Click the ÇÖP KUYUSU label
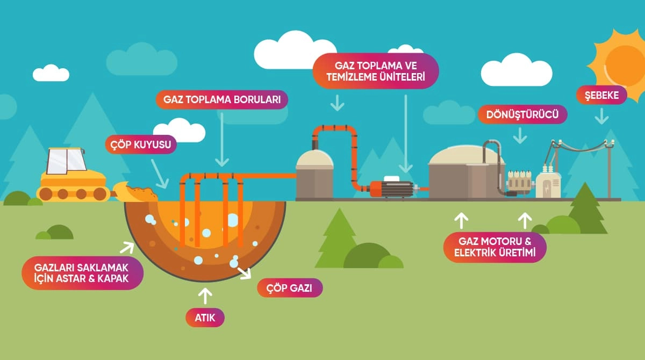[x=141, y=144]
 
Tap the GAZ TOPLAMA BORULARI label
[x=222, y=99]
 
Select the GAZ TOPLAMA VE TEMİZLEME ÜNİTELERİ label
[x=376, y=71]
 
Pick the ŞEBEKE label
[x=601, y=95]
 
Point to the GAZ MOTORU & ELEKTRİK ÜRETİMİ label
[x=495, y=247]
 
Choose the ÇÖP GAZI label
[x=290, y=288]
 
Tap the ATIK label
[x=205, y=318]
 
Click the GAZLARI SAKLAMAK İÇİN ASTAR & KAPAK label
[x=82, y=272]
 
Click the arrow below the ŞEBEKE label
[x=602, y=116]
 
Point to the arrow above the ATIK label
[x=205, y=296]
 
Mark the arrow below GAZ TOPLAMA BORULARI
[x=221, y=140]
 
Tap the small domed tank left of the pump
[x=315, y=173]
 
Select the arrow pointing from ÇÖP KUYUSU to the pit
[x=160, y=172]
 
